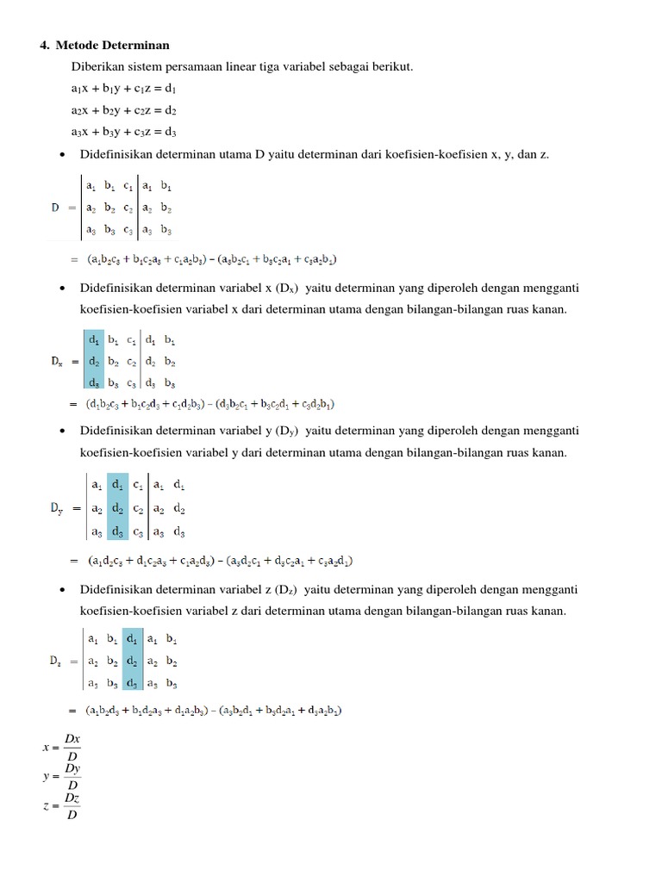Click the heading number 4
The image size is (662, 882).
pyautogui.click(x=45, y=46)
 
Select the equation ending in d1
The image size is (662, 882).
pyautogui.click(x=124, y=89)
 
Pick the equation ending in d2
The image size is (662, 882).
pyautogui.click(x=124, y=110)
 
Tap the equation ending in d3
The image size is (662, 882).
pyautogui.click(x=124, y=132)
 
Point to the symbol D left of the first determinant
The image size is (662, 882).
pyautogui.click(x=56, y=208)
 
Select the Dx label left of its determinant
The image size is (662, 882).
pyautogui.click(x=57, y=363)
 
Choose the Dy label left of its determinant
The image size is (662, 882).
pyautogui.click(x=56, y=510)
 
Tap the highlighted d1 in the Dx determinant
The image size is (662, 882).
pyautogui.click(x=93, y=340)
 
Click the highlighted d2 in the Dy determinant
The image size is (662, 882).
pyautogui.click(x=117, y=509)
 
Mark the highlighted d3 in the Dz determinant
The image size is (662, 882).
pyautogui.click(x=131, y=683)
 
